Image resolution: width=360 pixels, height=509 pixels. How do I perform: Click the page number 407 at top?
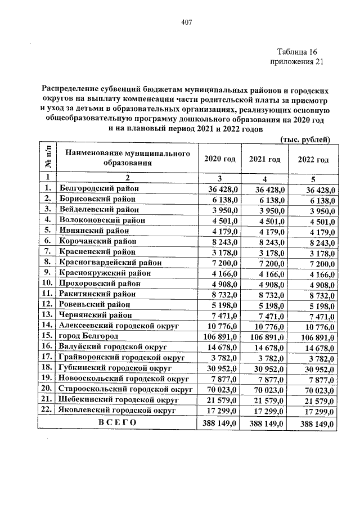coord(187,22)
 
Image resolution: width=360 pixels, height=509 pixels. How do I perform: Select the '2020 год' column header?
coord(219,159)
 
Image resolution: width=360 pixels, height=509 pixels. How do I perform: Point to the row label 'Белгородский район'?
coord(99,188)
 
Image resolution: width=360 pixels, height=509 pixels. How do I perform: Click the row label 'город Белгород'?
coord(90,335)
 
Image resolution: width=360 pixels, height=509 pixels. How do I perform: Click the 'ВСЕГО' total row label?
coord(117,422)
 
